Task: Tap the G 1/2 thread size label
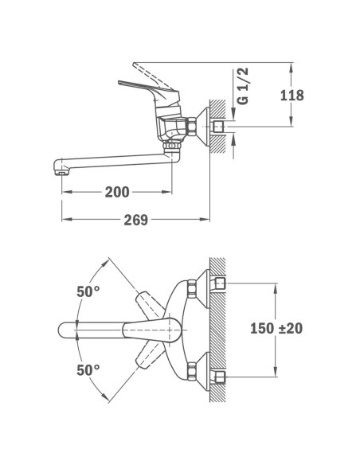point(244,88)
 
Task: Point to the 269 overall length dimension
point(135,220)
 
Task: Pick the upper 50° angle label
point(88,291)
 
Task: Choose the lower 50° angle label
point(88,369)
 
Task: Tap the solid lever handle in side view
point(147,85)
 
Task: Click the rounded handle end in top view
point(67,328)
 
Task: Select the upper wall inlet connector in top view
point(219,283)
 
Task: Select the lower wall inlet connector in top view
point(219,374)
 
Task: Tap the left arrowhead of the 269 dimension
point(66,220)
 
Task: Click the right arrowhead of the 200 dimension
point(169,192)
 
